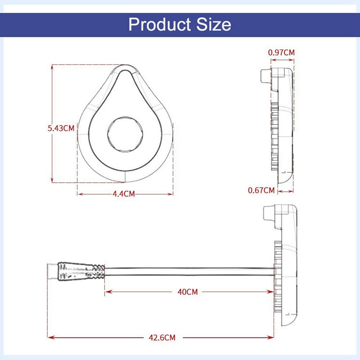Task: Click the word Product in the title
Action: (160, 24)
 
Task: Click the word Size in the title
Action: (214, 24)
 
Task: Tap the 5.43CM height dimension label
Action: (61, 128)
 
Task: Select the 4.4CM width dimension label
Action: (123, 194)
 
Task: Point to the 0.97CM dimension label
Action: (281, 53)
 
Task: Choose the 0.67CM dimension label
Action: (261, 190)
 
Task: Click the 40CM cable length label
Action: (188, 292)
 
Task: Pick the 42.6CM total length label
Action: (162, 337)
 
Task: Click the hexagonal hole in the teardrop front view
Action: (126, 134)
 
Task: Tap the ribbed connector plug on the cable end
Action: (81, 271)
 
